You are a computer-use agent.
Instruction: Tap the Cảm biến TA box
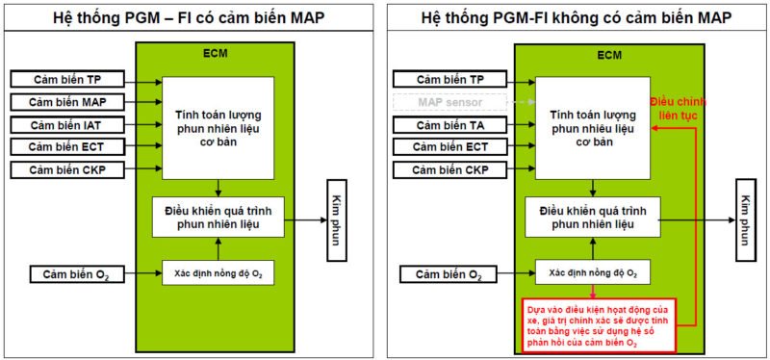pyautogui.click(x=449, y=124)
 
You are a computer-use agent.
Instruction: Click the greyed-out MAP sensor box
pyautogui.click(x=449, y=101)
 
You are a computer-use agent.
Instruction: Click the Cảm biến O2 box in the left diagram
pyautogui.click(x=73, y=274)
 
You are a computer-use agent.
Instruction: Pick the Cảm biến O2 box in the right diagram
pyautogui.click(x=449, y=275)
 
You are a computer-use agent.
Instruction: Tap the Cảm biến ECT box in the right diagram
pyautogui.click(x=449, y=147)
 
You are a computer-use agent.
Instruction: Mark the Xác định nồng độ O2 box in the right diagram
pyautogui.click(x=593, y=272)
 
